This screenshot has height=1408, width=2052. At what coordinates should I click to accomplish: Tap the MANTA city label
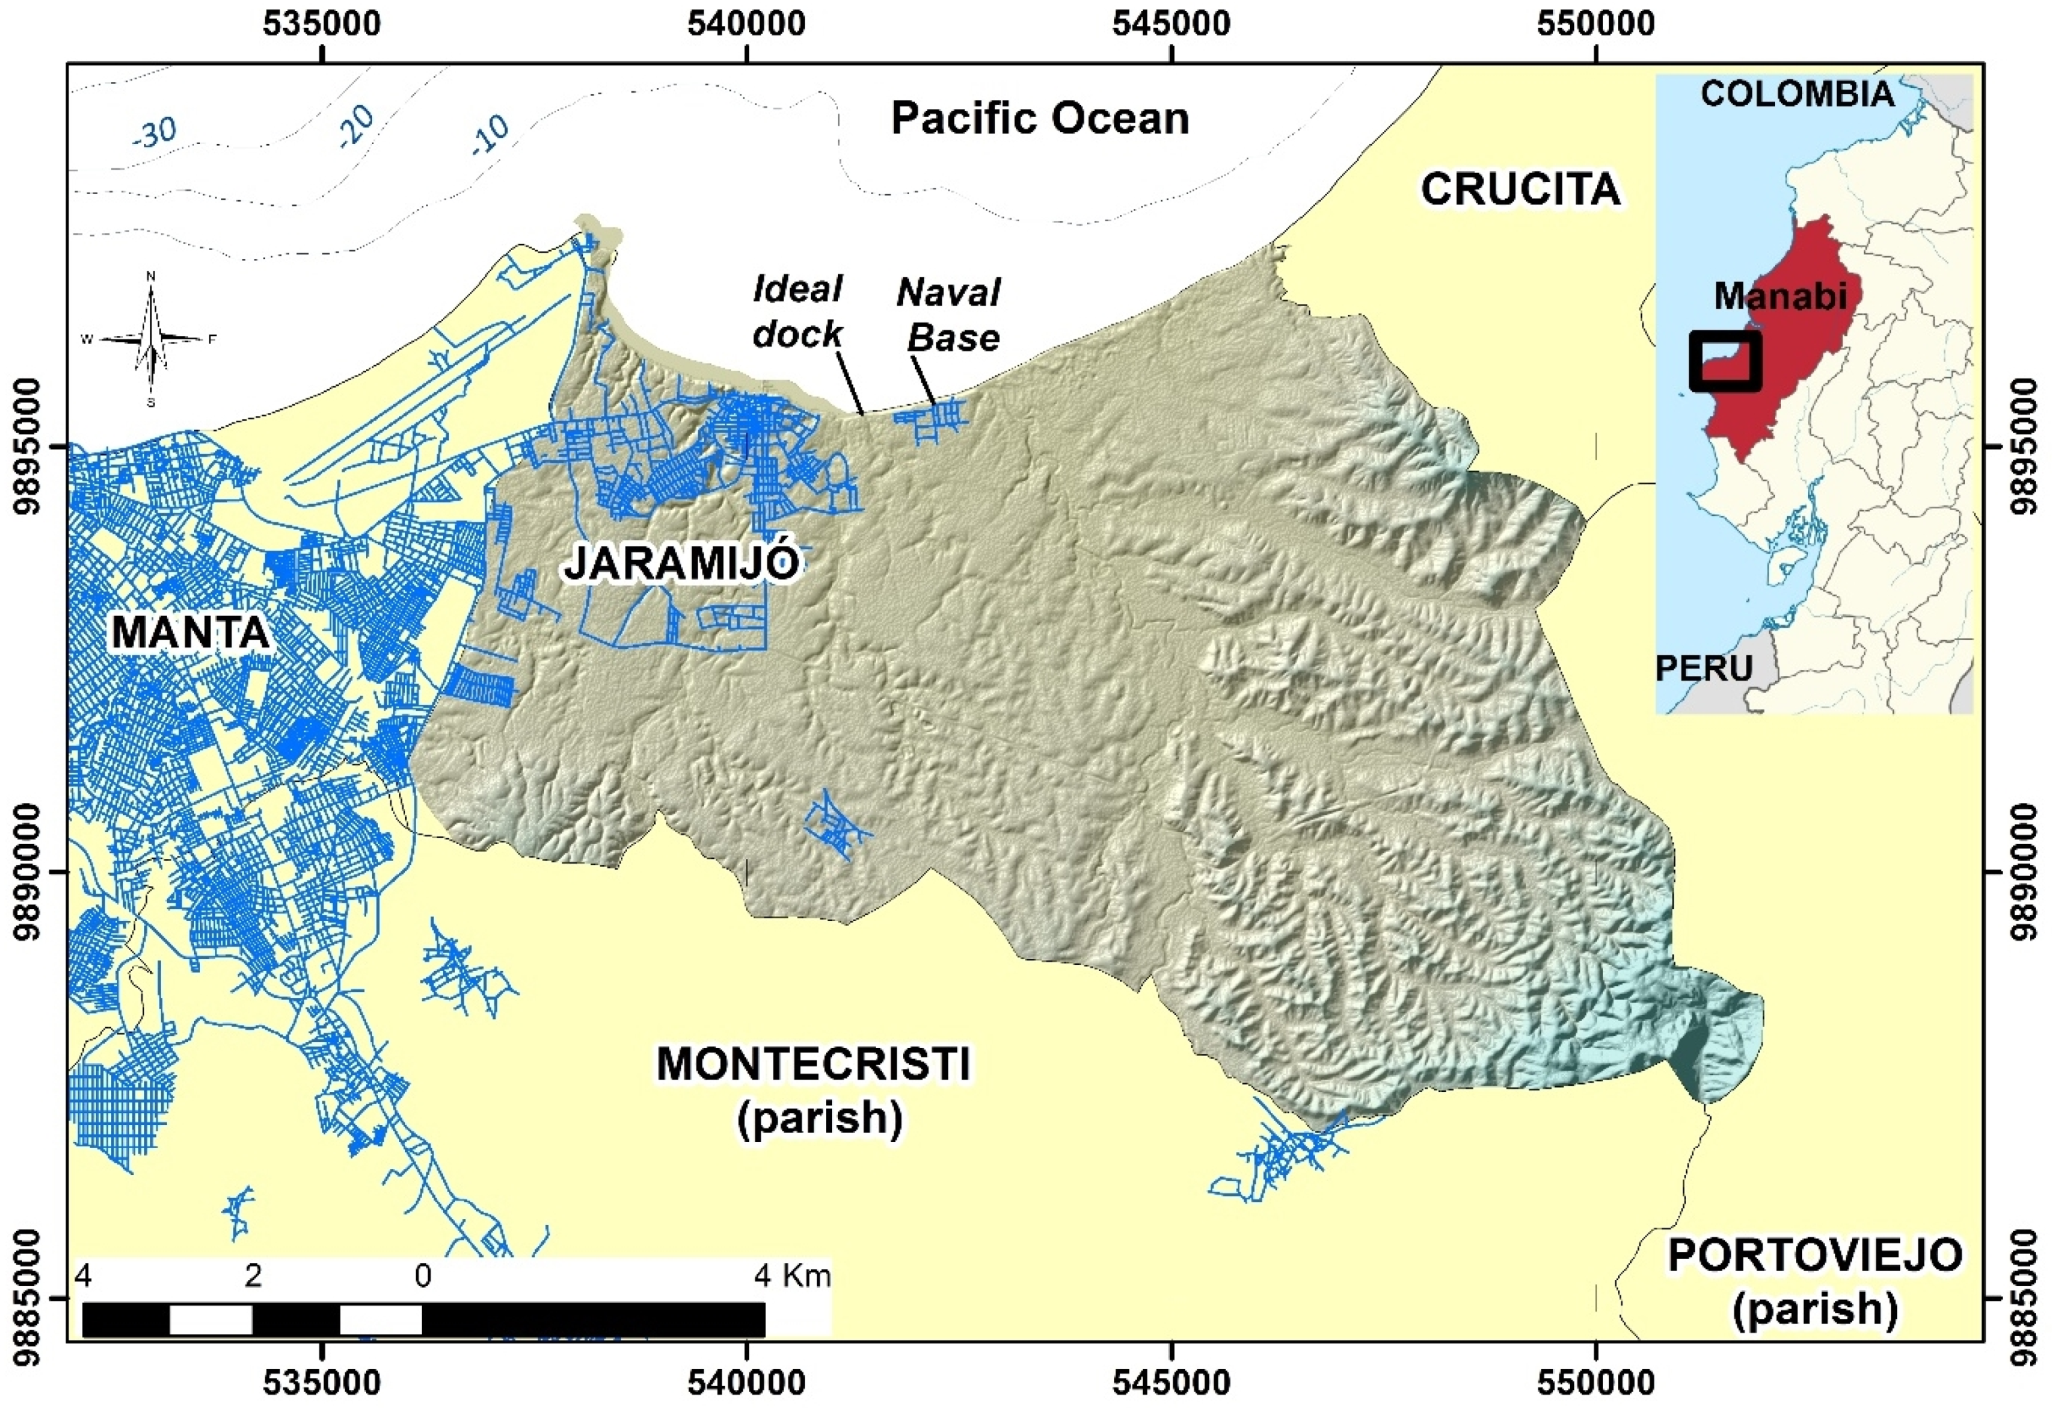pyautogui.click(x=190, y=632)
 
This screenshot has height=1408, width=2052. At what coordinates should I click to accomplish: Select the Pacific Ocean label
pyautogui.click(x=1040, y=118)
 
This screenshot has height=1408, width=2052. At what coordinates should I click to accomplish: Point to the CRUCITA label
pyautogui.click(x=1521, y=189)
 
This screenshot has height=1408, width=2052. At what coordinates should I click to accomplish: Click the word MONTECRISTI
pyautogui.click(x=813, y=1064)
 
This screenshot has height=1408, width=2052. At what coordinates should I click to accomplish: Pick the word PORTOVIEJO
pyautogui.click(x=1814, y=1255)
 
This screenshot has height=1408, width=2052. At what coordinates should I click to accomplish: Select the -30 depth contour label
pyautogui.click(x=155, y=133)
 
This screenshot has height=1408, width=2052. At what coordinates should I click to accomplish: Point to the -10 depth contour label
pyautogui.click(x=491, y=135)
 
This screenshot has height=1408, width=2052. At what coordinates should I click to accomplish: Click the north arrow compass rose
pyautogui.click(x=151, y=339)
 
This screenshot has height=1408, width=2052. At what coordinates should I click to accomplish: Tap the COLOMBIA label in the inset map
pyautogui.click(x=1798, y=94)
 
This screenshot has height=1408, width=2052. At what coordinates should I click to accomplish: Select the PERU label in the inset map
pyautogui.click(x=1703, y=668)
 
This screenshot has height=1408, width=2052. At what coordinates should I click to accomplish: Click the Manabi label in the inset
pyautogui.click(x=1780, y=296)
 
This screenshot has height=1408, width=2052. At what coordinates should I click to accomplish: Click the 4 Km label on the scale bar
pyautogui.click(x=792, y=1276)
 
